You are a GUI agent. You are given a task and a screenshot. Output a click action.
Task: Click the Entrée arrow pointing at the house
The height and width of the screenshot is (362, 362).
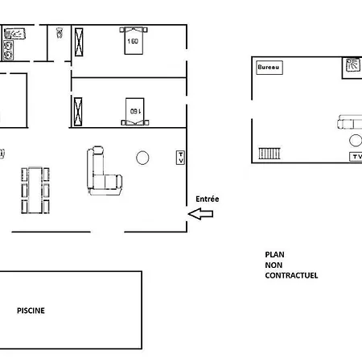tap(200, 214)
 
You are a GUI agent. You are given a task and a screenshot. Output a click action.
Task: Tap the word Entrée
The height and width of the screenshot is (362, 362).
tap(208, 199)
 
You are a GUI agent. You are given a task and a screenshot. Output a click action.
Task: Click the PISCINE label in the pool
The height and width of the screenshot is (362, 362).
tap(31, 311)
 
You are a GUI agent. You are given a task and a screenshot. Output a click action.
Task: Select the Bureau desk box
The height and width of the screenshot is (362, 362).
tap(269, 68)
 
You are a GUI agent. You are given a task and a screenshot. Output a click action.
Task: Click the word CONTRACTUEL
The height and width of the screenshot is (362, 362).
tap(291, 275)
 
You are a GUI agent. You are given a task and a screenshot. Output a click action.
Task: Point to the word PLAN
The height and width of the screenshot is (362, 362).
tap(274, 254)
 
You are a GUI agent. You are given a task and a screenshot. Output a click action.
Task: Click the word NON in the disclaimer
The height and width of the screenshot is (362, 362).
tap(274, 265)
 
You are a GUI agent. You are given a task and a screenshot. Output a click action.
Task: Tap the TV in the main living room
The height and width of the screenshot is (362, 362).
tap(180, 158)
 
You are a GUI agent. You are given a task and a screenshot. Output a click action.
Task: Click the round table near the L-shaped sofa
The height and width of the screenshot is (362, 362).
tap(142, 158)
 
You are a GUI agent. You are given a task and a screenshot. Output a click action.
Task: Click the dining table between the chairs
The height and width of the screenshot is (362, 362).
tap(35, 190)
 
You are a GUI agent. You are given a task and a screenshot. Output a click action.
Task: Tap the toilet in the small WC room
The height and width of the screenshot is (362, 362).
tap(60, 33)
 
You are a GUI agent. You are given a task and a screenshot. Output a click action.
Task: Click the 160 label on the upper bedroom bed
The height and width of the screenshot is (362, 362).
tap(133, 41)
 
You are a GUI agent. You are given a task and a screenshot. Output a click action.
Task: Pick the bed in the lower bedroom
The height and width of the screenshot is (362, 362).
tap(135, 112)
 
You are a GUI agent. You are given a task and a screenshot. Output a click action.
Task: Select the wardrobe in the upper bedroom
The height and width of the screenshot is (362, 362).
tap(79, 42)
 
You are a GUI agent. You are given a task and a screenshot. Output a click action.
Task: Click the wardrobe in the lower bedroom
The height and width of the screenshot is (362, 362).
tap(78, 112)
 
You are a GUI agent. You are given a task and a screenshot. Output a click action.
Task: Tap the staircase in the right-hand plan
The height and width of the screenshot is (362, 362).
tap(269, 154)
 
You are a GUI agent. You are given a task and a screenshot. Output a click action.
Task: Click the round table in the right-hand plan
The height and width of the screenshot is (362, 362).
tap(356, 140)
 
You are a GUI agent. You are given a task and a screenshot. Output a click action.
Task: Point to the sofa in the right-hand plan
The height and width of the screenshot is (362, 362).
tap(350, 122)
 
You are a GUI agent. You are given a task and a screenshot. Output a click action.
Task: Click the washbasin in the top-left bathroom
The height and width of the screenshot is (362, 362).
tap(14, 34)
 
